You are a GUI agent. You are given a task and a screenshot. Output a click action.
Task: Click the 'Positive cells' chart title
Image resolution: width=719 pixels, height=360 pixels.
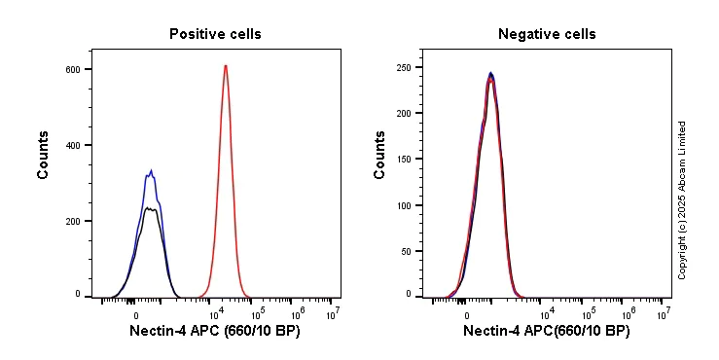(215, 34)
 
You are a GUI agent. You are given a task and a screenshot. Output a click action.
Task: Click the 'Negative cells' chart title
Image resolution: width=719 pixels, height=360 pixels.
(547, 34)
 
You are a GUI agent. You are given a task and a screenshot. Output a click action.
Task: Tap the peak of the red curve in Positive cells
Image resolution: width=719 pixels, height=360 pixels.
(226, 66)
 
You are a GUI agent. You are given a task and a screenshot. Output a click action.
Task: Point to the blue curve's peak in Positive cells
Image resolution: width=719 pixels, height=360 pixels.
(151, 171)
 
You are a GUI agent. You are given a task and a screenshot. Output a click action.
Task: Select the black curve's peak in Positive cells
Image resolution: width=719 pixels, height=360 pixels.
(148, 207)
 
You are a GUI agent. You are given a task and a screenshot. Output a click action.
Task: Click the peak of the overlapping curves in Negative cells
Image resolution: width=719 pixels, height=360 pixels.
(491, 74)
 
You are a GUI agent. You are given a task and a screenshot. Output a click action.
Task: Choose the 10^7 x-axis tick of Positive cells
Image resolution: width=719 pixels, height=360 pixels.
(332, 314)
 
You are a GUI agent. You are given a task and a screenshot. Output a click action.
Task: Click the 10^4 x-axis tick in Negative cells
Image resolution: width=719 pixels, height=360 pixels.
(547, 314)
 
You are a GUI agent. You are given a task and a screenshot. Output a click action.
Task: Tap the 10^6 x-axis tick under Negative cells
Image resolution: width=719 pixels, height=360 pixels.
(628, 314)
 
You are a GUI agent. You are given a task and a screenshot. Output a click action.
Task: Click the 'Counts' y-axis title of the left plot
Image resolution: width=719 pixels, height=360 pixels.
(44, 155)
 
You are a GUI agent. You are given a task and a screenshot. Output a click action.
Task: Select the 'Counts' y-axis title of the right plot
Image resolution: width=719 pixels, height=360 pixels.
(380, 155)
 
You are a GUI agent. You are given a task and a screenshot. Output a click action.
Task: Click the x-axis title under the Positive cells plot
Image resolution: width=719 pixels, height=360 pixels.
(215, 332)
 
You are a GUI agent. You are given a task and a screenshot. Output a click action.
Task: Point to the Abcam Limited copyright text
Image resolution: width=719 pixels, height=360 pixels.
(682, 200)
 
